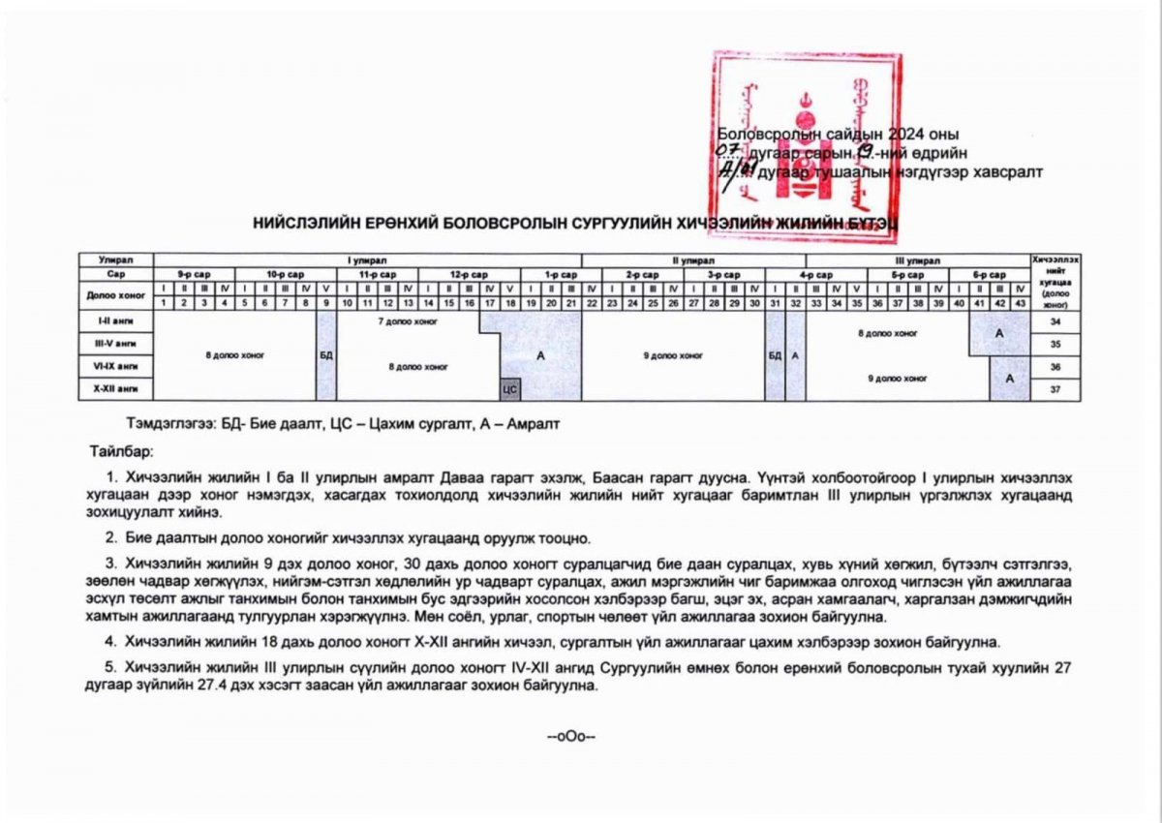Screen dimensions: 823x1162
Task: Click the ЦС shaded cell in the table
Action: [510, 389]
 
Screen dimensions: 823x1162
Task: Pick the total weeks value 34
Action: [1055, 320]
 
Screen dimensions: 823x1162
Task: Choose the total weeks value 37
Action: [1055, 389]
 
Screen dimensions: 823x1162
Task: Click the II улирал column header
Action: [693, 260]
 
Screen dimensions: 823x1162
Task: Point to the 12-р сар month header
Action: [471, 274]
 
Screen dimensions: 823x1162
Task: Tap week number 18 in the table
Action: [510, 303]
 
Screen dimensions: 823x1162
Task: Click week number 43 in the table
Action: [1020, 303]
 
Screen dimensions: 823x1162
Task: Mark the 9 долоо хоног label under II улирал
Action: [674, 355]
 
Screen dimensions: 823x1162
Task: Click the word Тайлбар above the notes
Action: [122, 452]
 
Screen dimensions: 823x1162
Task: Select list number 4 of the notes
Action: [111, 640]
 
